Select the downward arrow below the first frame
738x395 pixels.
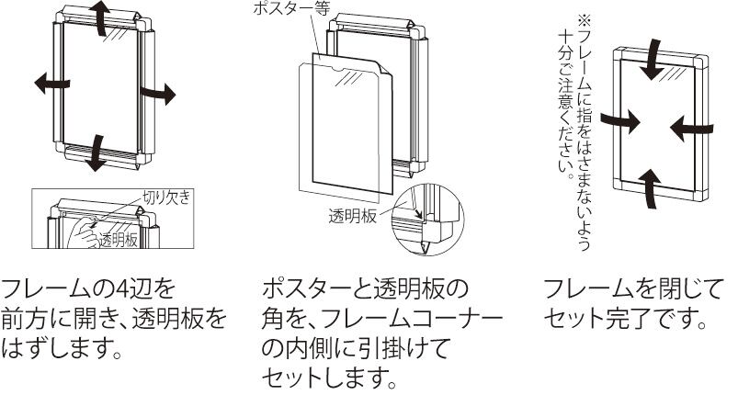[94, 152]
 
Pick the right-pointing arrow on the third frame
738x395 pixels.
[619, 120]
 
